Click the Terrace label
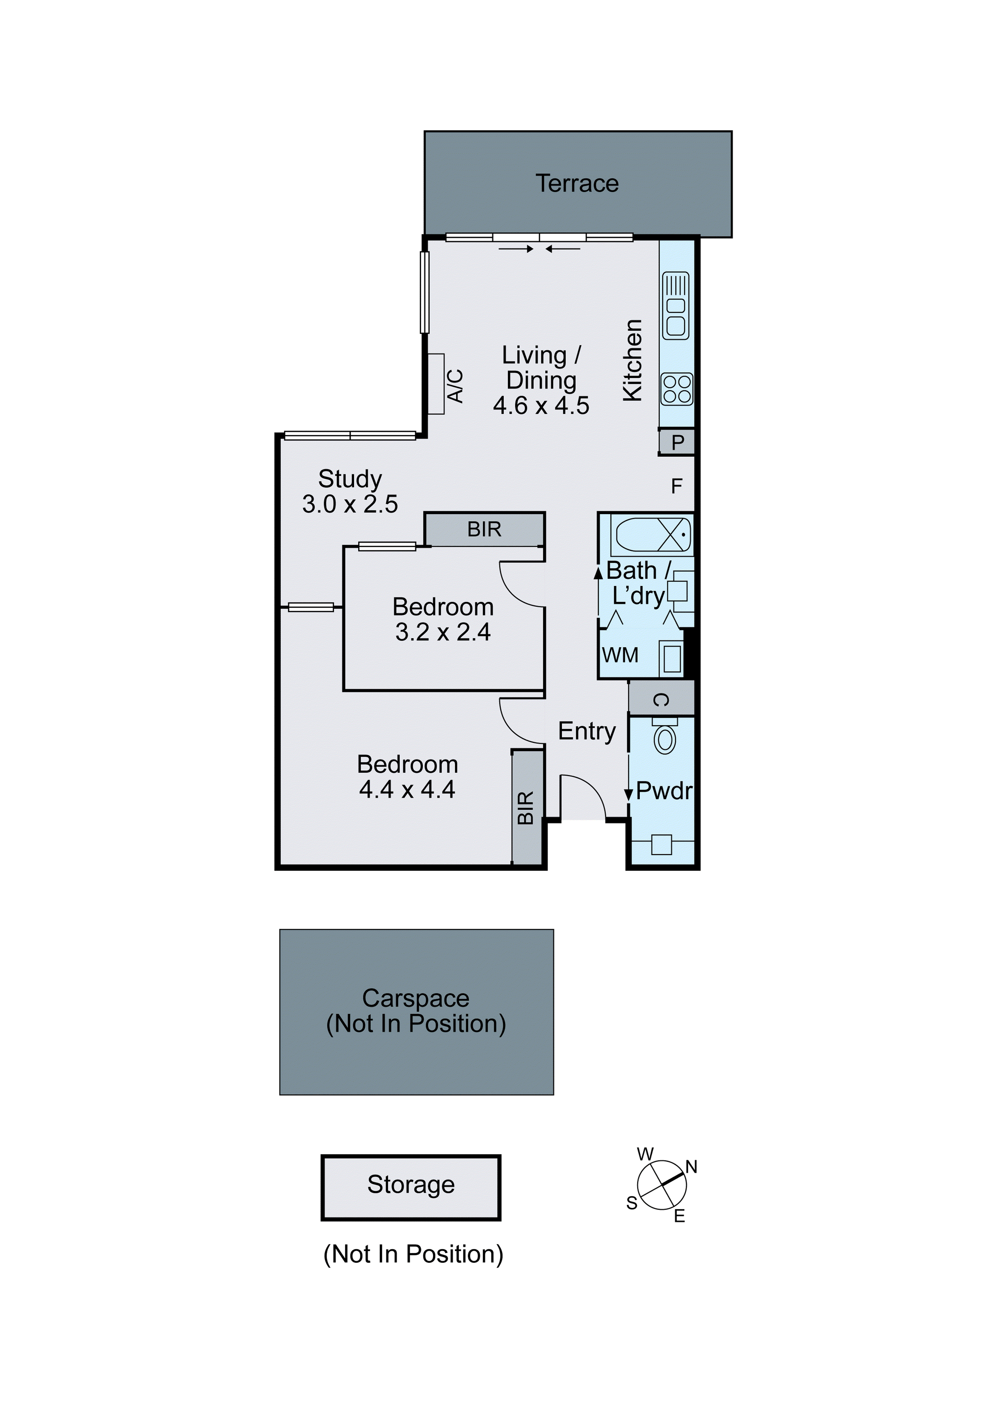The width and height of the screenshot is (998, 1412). [577, 183]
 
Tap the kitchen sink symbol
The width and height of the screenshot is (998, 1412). [676, 305]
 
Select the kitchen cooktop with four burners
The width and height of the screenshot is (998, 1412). [676, 389]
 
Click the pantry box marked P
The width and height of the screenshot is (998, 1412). [677, 442]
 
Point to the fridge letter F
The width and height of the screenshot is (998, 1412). [676, 487]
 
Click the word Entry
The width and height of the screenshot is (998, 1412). [586, 731]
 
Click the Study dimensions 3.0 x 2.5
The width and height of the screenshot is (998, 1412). [350, 504]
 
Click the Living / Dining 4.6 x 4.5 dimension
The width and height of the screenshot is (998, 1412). [541, 406]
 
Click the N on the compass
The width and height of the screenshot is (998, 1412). [691, 1167]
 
